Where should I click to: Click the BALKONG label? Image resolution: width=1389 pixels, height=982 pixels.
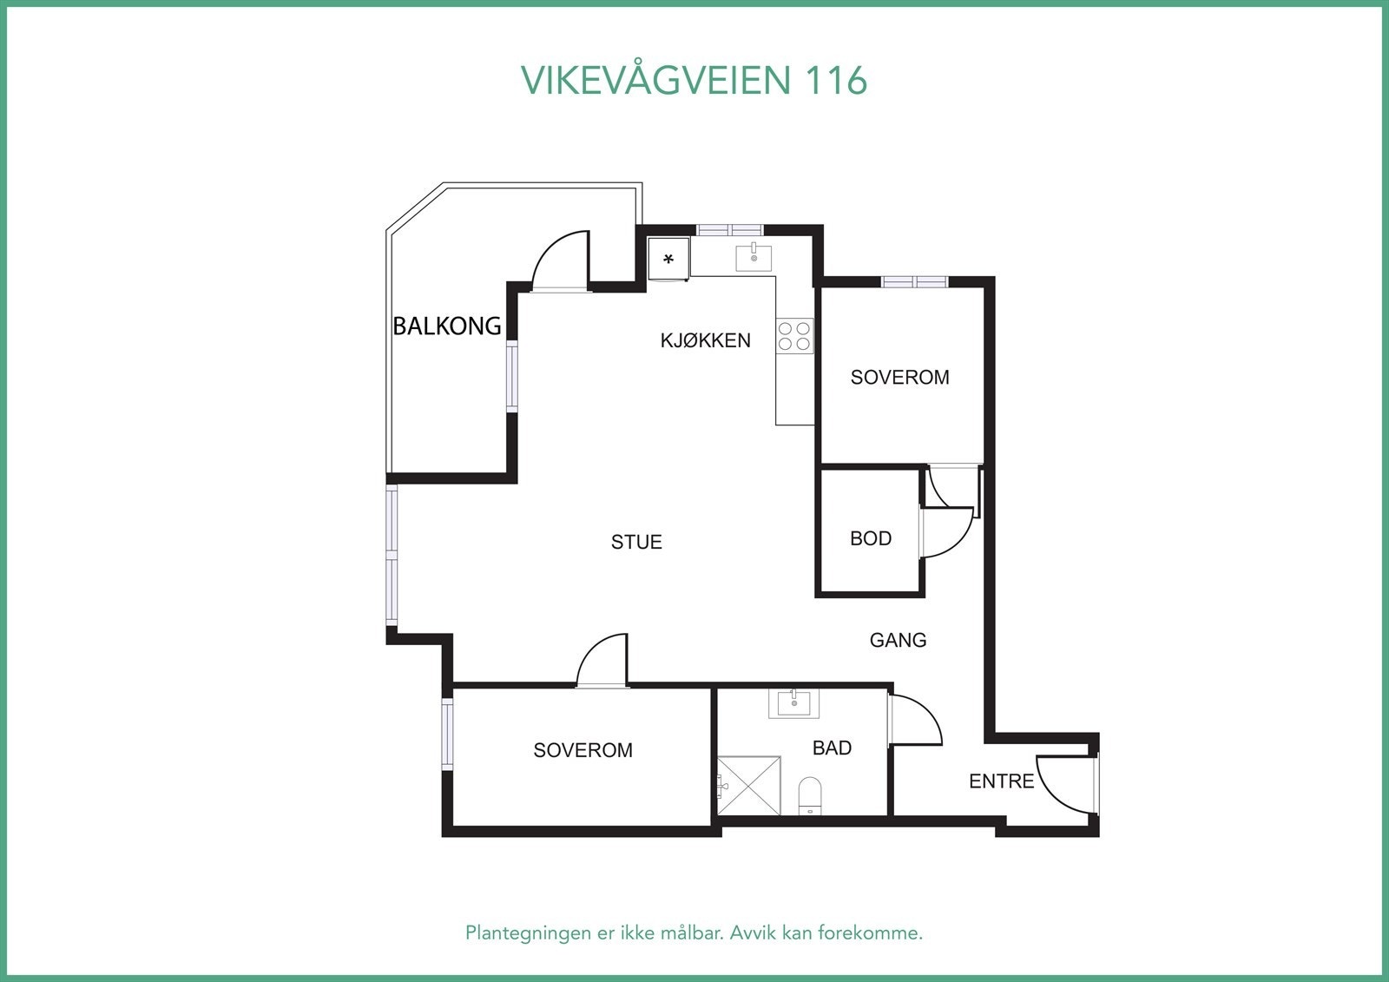pos(447,326)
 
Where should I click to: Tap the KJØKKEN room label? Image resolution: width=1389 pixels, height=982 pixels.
pos(705,340)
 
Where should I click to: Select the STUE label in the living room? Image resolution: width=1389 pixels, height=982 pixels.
pos(636,542)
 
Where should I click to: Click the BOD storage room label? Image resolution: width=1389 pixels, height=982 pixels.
pos(871,538)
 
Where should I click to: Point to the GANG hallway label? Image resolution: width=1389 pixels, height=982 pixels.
pos(898,640)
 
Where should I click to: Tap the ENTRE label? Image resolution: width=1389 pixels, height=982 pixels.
pos(1001,781)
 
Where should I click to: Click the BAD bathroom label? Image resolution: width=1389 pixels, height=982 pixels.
pos(832,748)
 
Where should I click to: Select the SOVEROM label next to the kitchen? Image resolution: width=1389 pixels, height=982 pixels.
pos(899,378)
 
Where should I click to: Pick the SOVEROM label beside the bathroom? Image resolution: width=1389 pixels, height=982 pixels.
pos(583,750)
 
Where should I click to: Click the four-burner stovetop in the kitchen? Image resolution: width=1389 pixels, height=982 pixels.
pos(794,336)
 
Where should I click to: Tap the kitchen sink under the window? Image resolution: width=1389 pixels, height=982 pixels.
pos(754,258)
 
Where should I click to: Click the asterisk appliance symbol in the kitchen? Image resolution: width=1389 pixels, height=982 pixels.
pos(668,260)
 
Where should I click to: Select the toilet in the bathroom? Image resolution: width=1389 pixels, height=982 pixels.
pos(809,795)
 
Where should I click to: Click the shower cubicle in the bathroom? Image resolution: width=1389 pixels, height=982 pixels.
pos(748,786)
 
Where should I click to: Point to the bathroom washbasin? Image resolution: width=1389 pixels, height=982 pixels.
pos(793,702)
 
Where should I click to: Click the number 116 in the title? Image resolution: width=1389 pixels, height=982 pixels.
pos(836,80)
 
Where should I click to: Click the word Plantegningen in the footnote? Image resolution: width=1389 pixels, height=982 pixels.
pos(526,933)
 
